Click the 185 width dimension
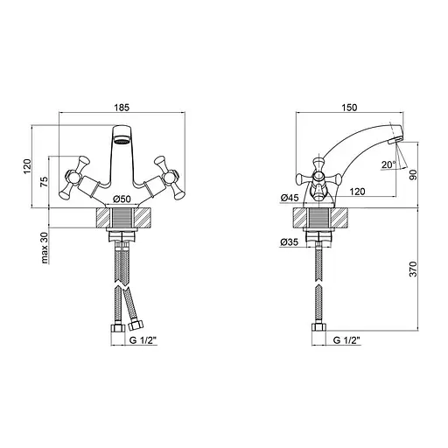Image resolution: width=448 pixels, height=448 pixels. pos(122,108)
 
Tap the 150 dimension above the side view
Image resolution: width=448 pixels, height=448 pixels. pos(349,108)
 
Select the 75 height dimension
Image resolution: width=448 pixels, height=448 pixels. pos(44,182)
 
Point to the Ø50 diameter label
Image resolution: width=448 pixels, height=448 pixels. pos(122,199)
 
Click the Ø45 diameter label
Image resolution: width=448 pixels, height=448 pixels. pos(290,198)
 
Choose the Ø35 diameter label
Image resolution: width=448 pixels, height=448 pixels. pos(289,241)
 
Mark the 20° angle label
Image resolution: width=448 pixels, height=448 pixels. pos(388,164)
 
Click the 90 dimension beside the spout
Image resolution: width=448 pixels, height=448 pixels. pos(413,174)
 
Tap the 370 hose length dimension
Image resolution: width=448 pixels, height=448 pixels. pos(413,269)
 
